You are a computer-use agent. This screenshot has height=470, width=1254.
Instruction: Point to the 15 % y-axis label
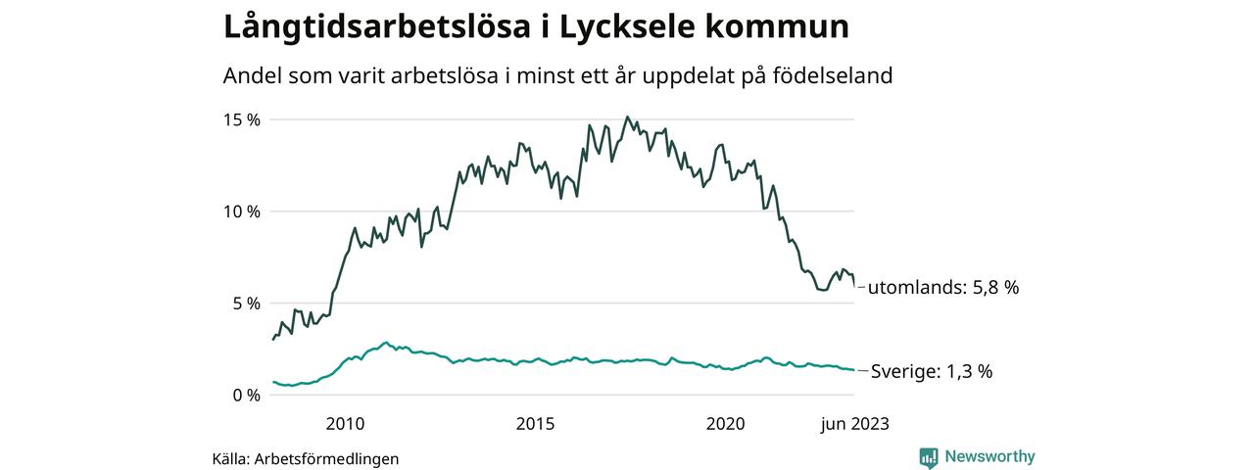(240, 119)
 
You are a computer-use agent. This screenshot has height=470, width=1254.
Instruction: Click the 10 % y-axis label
(240, 211)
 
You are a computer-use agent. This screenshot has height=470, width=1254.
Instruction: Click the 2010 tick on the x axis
(345, 424)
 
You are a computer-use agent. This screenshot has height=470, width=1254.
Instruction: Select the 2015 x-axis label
(535, 424)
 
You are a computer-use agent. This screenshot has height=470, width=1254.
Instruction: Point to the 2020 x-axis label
(726, 424)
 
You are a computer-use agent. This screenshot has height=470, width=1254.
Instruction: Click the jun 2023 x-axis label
(854, 424)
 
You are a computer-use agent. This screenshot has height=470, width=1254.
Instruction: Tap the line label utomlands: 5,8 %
(943, 288)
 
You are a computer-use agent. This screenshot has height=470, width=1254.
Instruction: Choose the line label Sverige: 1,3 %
(932, 371)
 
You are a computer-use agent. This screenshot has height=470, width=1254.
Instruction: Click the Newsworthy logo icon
(929, 457)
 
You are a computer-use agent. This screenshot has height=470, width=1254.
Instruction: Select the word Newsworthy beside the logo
(989, 456)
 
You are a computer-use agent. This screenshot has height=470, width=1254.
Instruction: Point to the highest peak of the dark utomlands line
(628, 117)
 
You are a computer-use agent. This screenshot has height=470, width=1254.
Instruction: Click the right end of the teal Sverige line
(853, 370)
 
